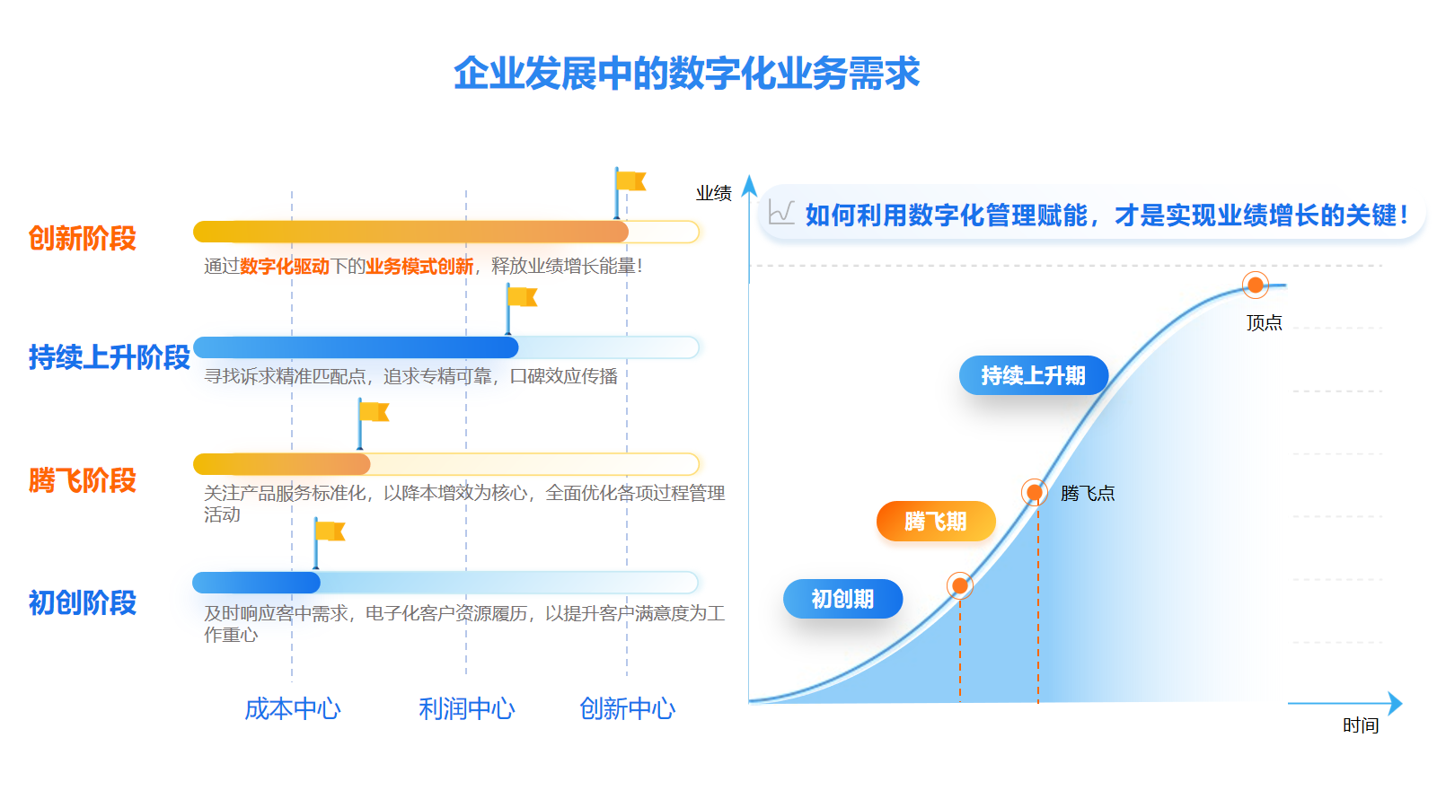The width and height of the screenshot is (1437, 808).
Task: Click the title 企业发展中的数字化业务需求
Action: pos(686,73)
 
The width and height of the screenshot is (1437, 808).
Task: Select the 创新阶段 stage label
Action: pos(82,238)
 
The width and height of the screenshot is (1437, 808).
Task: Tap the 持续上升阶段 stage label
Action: pos(109,356)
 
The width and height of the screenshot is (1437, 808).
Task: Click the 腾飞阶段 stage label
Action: pos(82,479)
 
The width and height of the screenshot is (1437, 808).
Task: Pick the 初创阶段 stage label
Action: pos(82,602)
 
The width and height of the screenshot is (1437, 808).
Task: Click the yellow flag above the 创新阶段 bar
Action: pos(630,192)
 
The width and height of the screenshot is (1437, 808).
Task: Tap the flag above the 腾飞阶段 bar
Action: pos(373,423)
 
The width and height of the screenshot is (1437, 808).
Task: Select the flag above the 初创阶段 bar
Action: pos(329,542)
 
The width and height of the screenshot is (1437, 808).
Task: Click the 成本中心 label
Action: pos(293,708)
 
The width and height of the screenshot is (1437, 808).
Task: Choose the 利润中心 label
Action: pos(466,708)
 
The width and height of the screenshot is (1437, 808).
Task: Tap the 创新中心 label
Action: pos(627,708)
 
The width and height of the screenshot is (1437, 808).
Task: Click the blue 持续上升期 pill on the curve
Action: pos(1034,375)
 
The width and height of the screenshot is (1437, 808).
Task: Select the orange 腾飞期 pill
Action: pos(935,522)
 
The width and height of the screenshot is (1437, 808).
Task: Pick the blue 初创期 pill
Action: pos(842,599)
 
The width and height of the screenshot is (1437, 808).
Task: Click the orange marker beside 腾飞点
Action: pos(1034,493)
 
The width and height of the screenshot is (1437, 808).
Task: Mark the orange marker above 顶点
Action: pos(1256,285)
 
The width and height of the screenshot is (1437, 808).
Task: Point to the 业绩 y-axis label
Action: pos(713,193)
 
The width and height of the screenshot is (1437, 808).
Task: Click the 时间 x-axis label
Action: pos(1361,725)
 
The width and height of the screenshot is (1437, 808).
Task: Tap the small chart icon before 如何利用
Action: pos(781,212)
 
